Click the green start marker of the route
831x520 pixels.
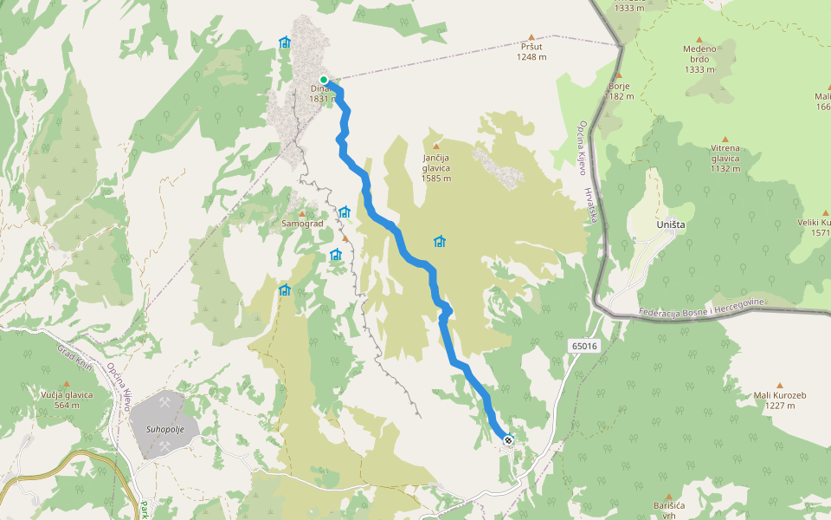[324, 79]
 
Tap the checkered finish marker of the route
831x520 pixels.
[508, 440]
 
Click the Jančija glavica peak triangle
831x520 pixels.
[436, 146]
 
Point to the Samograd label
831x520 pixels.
[302, 224]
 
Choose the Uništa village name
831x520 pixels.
[670, 224]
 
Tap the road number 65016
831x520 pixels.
[584, 347]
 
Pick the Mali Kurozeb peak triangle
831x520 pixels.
[779, 385]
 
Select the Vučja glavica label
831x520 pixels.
[67, 394]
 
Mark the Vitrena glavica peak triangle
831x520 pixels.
[725, 139]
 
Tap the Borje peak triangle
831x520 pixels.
[618, 75]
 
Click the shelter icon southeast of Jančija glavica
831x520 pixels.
[440, 241]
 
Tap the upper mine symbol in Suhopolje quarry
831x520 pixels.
[164, 401]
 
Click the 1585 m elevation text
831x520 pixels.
[436, 179]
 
